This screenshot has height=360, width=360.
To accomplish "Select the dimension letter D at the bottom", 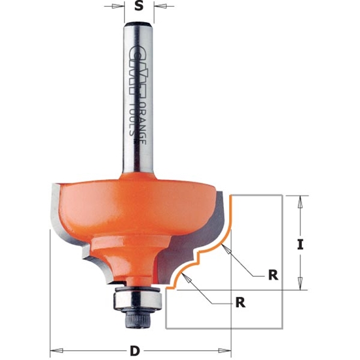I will coord(135,351).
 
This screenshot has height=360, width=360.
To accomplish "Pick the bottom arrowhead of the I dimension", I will coord(300,285).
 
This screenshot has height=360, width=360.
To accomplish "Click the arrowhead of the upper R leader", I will coord(223,247).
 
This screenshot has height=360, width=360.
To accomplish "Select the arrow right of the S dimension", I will coord(156,8).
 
